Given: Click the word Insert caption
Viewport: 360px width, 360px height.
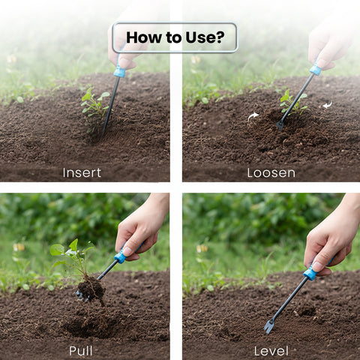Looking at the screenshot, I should point(82,172).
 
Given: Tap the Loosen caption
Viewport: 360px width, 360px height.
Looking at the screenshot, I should point(271,172).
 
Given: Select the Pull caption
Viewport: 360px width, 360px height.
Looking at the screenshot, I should point(81,350).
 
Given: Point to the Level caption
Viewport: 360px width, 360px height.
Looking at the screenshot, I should point(271,350).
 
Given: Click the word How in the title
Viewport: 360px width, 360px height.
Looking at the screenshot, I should point(142,37).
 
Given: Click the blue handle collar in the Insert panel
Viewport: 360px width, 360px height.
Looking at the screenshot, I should point(119,72).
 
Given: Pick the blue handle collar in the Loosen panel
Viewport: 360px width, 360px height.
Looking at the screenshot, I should point(316,70).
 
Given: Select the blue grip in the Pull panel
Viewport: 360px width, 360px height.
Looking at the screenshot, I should point(119,257).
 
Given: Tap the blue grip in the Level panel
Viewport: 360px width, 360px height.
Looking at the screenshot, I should point(310,274).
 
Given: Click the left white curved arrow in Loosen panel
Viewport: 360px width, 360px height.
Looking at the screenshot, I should point(253,115).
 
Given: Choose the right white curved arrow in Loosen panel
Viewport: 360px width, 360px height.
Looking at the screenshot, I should point(327,106).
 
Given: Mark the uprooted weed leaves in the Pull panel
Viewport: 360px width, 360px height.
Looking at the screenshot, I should point(67,250).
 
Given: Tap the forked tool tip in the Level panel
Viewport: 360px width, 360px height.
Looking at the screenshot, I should point(268,326).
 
